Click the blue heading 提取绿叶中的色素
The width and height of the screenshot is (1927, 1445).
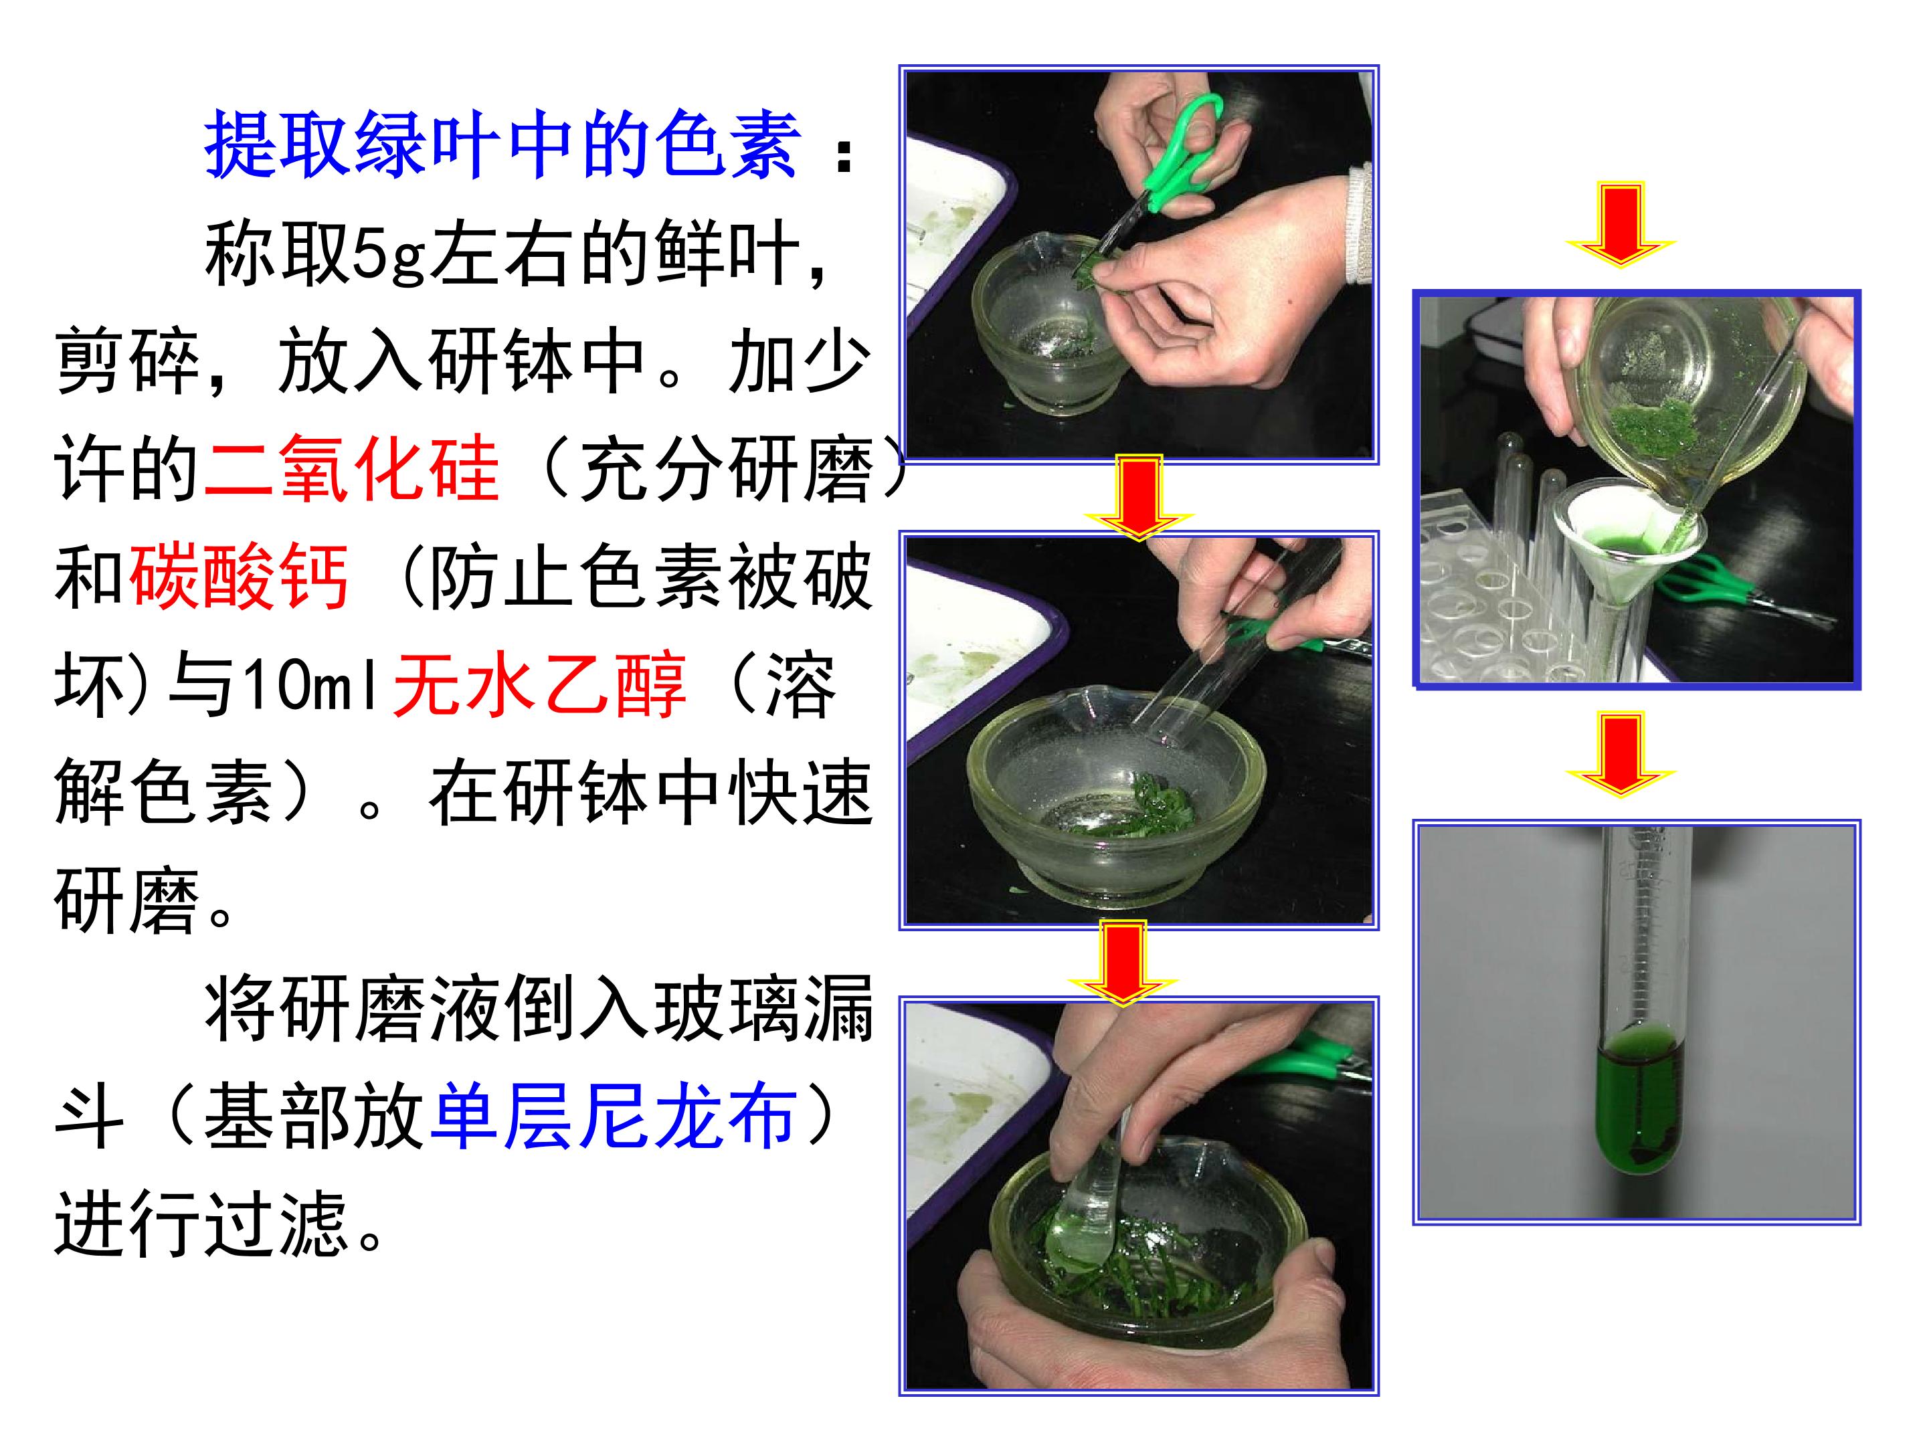(502, 144)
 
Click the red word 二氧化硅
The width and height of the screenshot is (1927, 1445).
(352, 468)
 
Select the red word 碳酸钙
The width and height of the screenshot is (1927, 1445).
(240, 577)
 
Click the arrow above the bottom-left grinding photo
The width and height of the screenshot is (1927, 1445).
(1123, 963)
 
